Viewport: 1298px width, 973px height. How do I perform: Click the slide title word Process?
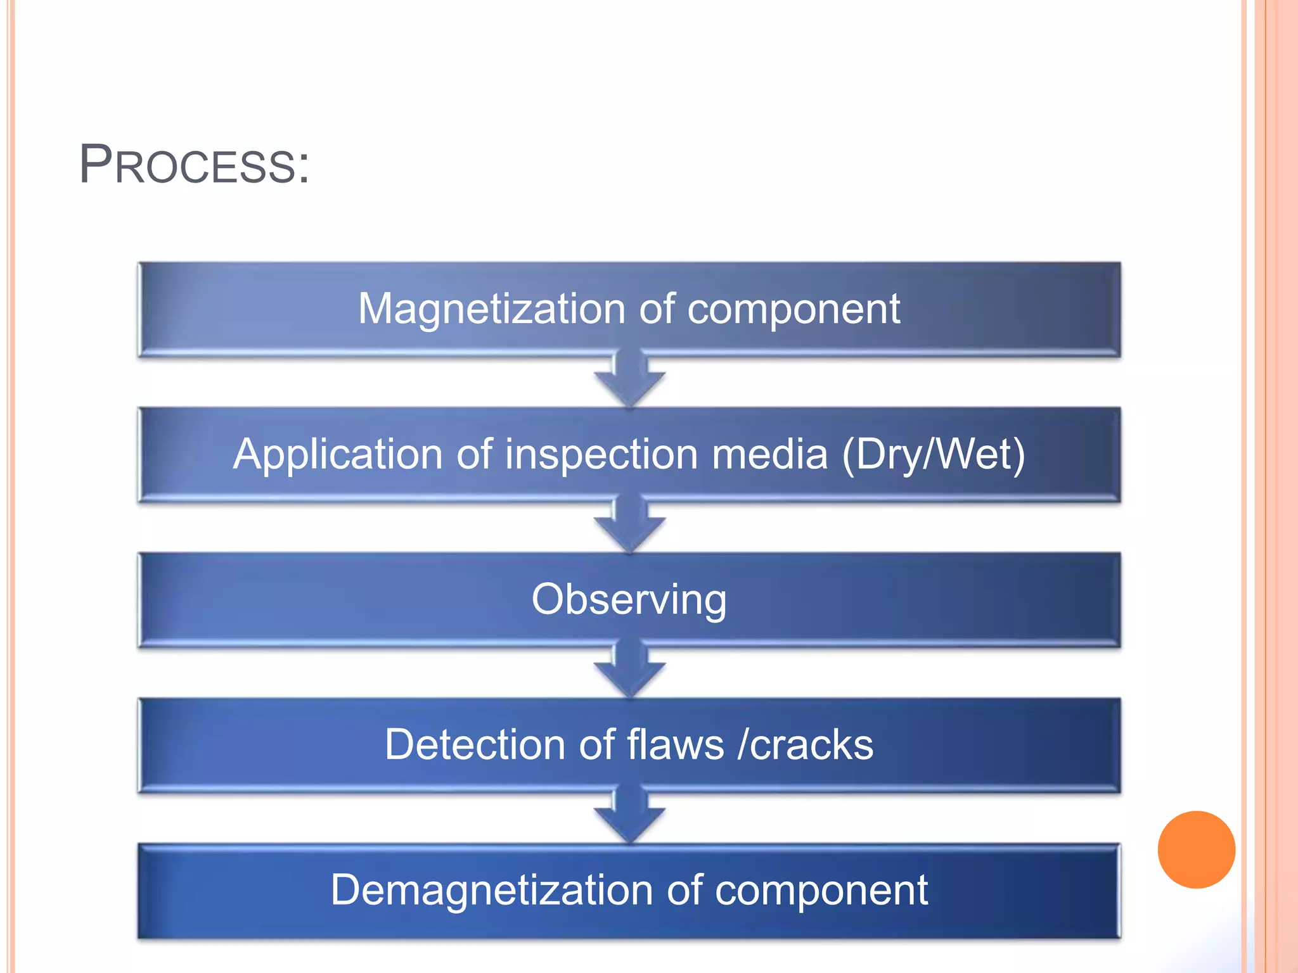187,166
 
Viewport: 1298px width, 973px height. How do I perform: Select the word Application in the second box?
338,455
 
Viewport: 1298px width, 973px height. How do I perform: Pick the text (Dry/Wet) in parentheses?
933,455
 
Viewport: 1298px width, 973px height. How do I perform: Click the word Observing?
629,600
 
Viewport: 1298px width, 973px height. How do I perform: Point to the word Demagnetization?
492,890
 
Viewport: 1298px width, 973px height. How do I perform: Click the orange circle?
1196,849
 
